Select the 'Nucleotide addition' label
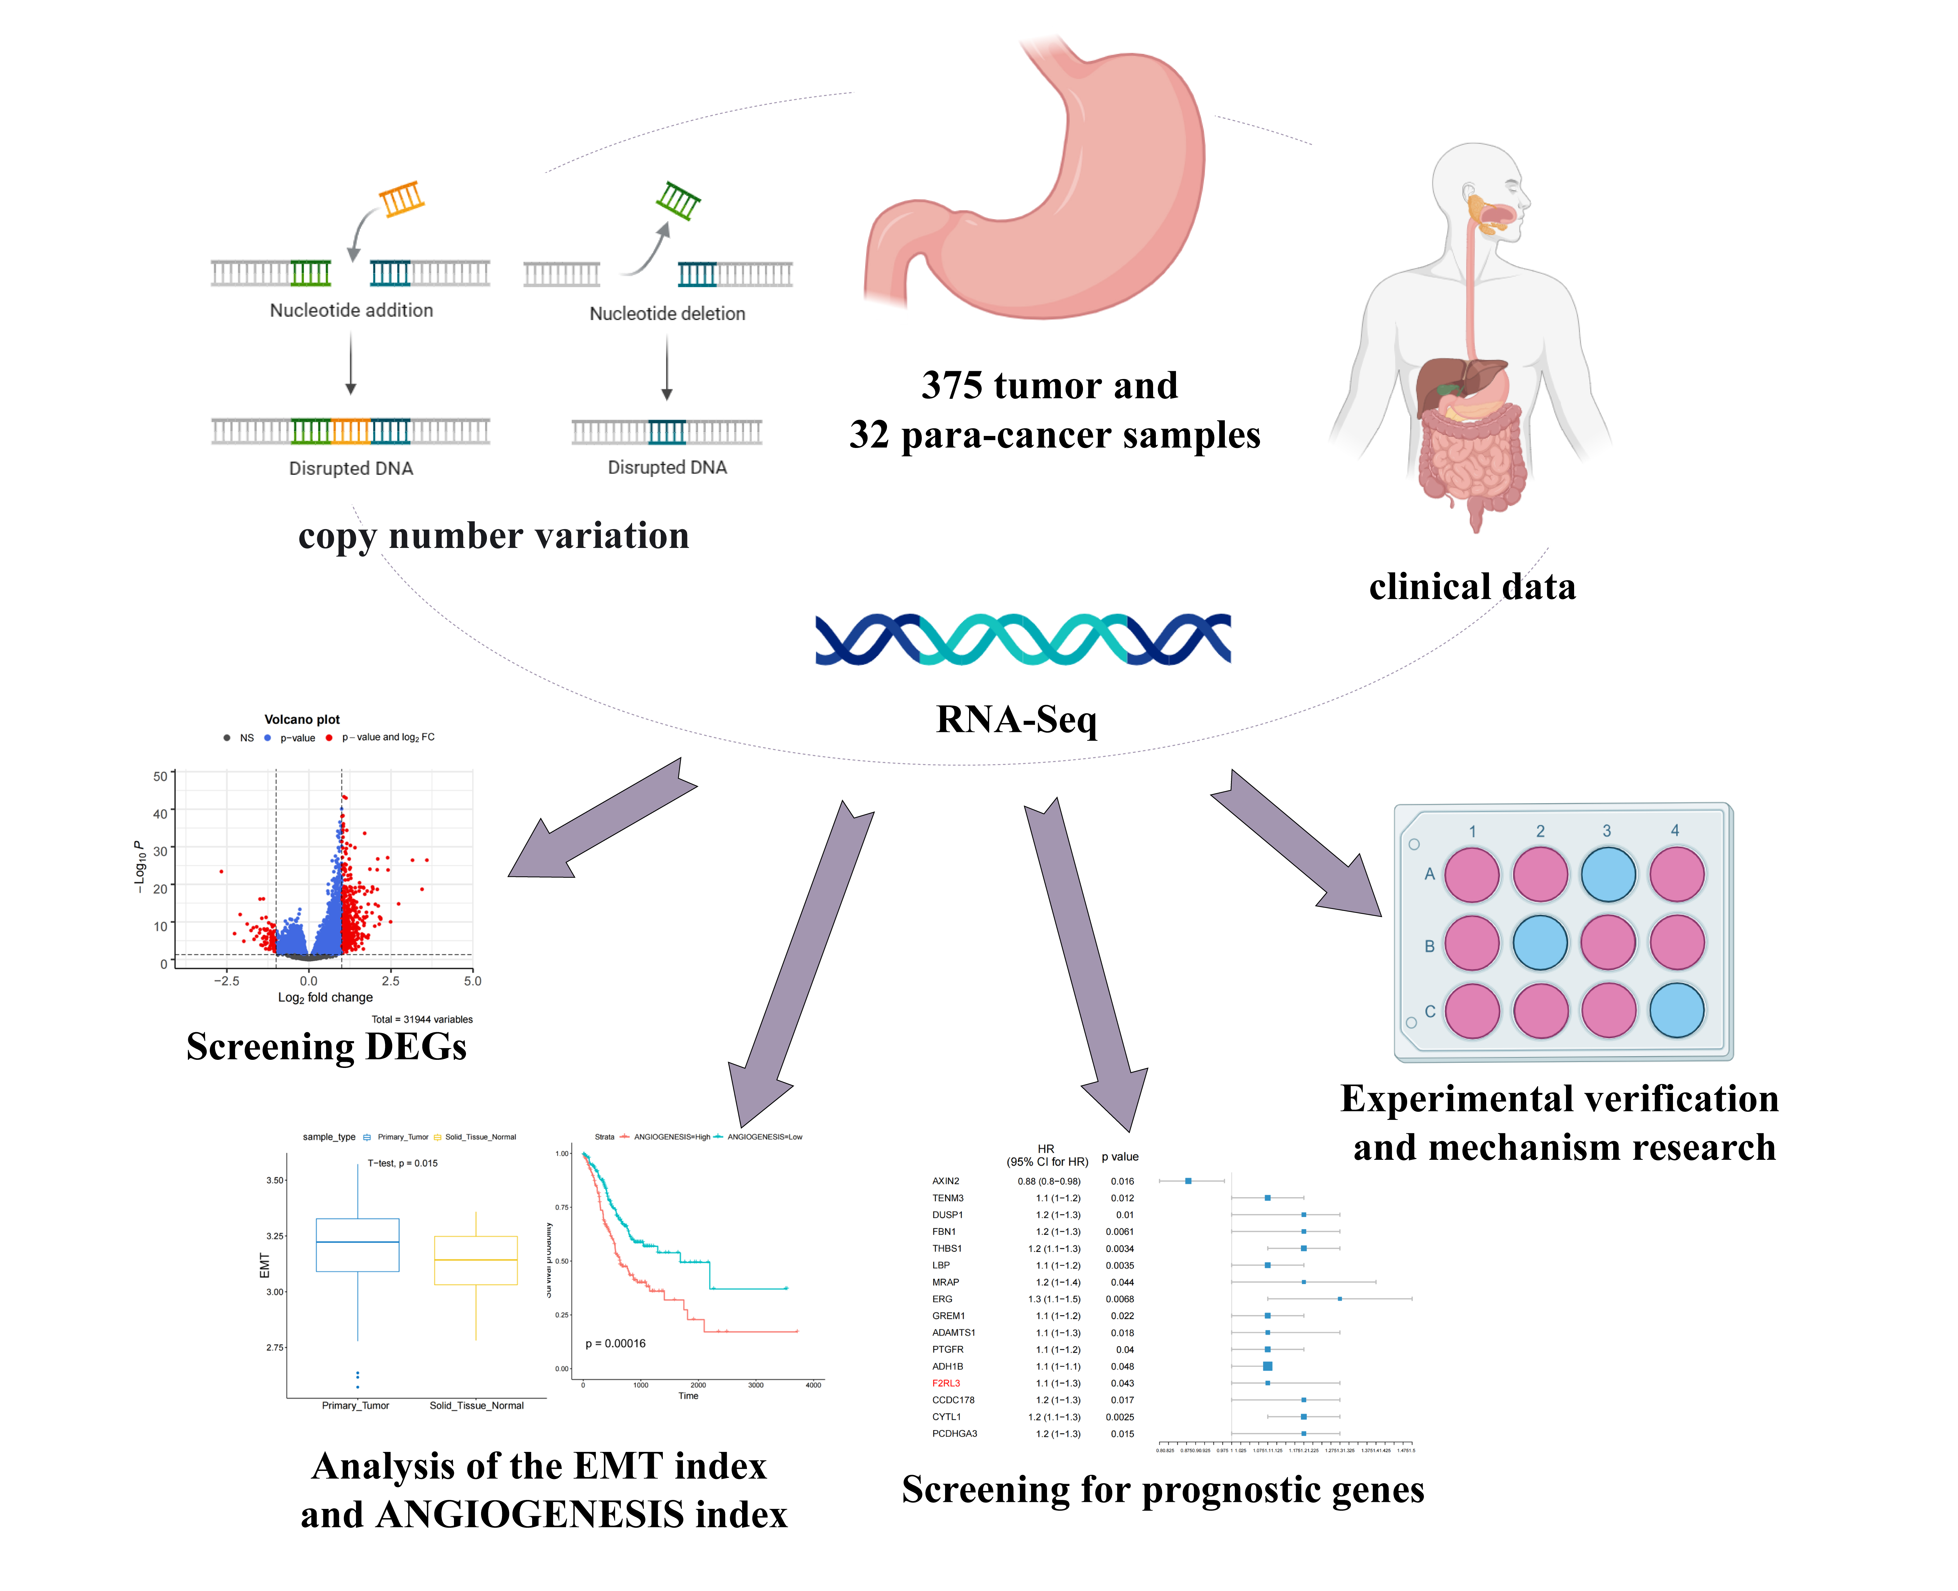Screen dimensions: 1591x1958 (x=351, y=311)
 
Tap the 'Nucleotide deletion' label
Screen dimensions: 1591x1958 (x=667, y=313)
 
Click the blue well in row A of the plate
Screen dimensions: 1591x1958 (x=1608, y=874)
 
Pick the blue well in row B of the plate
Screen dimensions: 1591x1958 (x=1540, y=942)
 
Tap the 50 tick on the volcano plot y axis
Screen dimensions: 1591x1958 (x=160, y=776)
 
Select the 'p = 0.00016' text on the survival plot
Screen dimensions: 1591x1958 (x=616, y=1344)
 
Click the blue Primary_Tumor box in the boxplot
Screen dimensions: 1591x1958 (x=357, y=1245)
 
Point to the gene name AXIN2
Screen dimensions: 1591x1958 (x=946, y=1181)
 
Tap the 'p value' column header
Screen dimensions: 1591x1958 (x=1120, y=1156)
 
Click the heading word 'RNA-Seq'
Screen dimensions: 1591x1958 (x=1016, y=719)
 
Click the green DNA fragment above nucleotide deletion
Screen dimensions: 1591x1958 (x=678, y=200)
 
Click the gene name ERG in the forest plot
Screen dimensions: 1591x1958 (x=942, y=1299)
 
